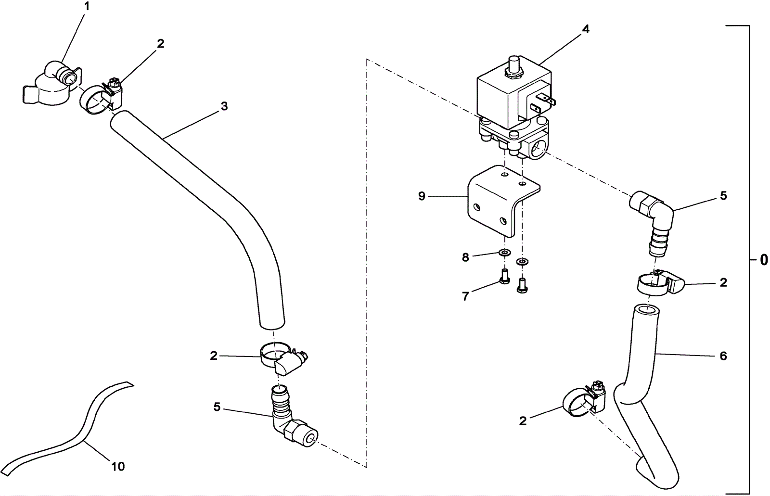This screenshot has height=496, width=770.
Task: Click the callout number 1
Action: coord(87,7)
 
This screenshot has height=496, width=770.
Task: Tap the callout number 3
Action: coord(224,106)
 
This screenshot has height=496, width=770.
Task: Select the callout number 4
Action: coord(585,29)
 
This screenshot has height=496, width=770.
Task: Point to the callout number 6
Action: coord(723,356)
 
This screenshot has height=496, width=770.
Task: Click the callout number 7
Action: coord(465,296)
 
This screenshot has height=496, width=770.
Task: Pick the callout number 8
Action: coord(465,257)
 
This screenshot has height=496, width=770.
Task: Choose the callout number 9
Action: coord(422,196)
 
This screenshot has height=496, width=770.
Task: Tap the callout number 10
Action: coord(118,466)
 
